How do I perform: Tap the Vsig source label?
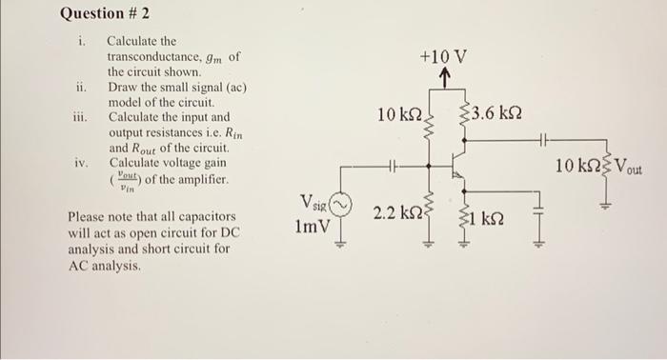point(313,203)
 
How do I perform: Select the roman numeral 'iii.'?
point(81,117)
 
